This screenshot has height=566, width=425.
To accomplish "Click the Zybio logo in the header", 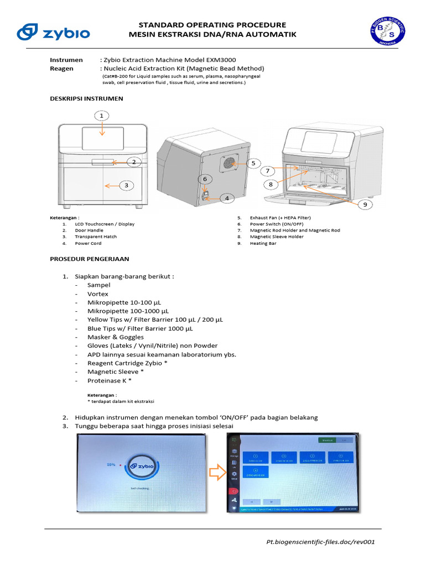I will pos(53,32).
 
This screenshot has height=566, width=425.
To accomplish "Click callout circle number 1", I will pos(101,116).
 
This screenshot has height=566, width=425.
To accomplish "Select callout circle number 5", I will pos(253,163).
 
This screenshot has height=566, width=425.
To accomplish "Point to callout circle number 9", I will pos(365,205).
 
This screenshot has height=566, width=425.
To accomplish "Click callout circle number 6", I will pos(204,179).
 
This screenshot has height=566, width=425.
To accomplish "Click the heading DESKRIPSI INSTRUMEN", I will pos(86,98).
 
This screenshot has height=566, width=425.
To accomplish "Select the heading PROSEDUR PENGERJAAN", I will pos(90,259).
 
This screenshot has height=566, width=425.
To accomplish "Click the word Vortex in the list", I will pos(97,294).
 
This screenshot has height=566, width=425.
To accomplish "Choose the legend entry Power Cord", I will pos(88,243).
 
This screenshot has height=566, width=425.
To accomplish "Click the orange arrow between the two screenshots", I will pos(216,473).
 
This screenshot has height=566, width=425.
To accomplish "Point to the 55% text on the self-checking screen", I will pos(111,465).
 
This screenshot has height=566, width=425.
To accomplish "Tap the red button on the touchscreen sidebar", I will pos(234,490).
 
